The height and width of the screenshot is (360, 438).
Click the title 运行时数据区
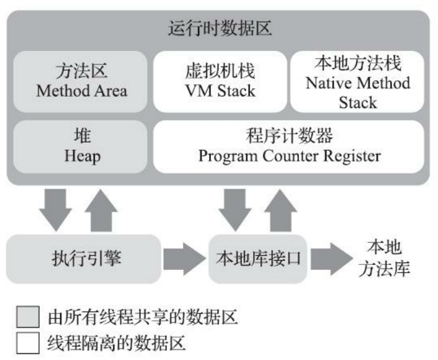[220, 29]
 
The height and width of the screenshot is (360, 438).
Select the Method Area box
[81, 81]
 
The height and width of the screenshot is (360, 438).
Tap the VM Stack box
[220, 81]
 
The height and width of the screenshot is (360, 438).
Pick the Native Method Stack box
[357, 81]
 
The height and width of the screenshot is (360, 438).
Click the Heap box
[81, 146]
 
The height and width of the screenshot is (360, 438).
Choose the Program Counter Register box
[288, 146]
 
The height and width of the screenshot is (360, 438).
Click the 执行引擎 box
[84, 259]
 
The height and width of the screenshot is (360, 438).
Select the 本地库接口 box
[258, 259]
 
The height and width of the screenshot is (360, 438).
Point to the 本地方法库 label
[384, 258]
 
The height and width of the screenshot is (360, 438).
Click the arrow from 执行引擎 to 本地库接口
[184, 259]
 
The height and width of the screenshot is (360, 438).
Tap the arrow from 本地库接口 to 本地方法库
[331, 259]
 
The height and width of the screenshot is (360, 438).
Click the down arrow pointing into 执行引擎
[55, 210]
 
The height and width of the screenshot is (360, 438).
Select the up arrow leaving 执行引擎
[101, 210]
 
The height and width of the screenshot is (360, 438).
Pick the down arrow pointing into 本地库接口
[235, 210]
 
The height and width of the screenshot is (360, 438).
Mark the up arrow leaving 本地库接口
[281, 210]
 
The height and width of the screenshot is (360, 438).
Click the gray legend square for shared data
[28, 317]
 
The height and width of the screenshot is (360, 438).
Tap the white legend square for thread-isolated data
[28, 343]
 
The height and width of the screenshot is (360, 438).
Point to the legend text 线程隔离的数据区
[117, 343]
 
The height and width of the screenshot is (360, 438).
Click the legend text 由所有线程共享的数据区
[143, 317]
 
